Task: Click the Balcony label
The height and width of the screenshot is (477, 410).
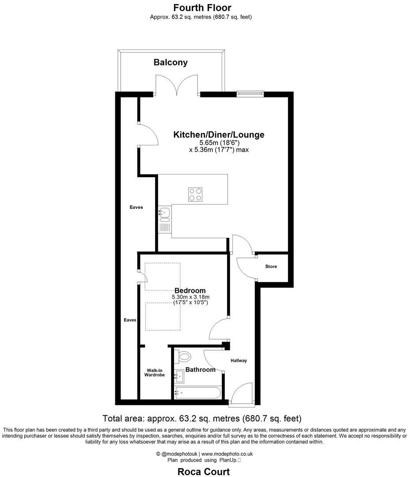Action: coord(171,62)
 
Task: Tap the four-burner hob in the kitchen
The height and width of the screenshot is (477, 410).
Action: coord(195,194)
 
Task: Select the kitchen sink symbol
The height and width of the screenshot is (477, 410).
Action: coord(164,214)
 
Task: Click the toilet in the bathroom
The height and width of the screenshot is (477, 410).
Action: coord(184,356)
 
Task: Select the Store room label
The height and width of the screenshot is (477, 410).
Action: coord(271,266)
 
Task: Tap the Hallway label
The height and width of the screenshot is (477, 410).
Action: coord(239,360)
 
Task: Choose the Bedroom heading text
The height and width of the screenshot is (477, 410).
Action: coord(190,290)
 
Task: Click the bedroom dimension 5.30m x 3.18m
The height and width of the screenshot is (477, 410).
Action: coord(190,297)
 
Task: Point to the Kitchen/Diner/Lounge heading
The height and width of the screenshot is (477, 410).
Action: coord(219,135)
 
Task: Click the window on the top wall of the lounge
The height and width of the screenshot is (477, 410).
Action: coord(250,93)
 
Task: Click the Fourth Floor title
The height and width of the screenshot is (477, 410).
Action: coord(202,8)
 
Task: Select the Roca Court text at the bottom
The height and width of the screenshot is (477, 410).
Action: coord(204,472)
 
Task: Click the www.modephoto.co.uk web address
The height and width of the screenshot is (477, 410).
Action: coord(227,454)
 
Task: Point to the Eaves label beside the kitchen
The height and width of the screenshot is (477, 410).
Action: coord(136,207)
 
